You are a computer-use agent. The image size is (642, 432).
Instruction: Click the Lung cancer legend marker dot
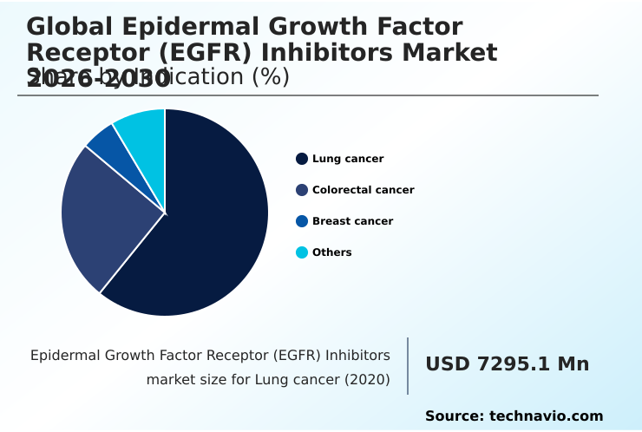[x=302, y=159]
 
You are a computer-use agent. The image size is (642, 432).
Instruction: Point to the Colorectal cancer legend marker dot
[x=302, y=190]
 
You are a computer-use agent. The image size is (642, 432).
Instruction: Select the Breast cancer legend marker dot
[x=302, y=221]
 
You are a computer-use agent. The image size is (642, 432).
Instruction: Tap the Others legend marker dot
[x=302, y=252]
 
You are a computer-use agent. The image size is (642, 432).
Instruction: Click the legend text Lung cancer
[x=348, y=159]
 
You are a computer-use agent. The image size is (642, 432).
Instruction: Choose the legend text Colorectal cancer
[x=363, y=190]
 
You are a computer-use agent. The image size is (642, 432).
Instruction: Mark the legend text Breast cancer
[x=352, y=221]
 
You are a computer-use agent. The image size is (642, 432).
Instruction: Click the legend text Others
[x=332, y=252]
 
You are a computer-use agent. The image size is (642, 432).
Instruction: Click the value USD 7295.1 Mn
[x=507, y=364]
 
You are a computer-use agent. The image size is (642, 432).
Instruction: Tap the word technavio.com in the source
[x=546, y=416]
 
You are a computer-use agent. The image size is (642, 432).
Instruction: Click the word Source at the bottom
[x=453, y=416]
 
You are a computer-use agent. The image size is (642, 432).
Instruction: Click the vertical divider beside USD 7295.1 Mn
[x=408, y=366]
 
